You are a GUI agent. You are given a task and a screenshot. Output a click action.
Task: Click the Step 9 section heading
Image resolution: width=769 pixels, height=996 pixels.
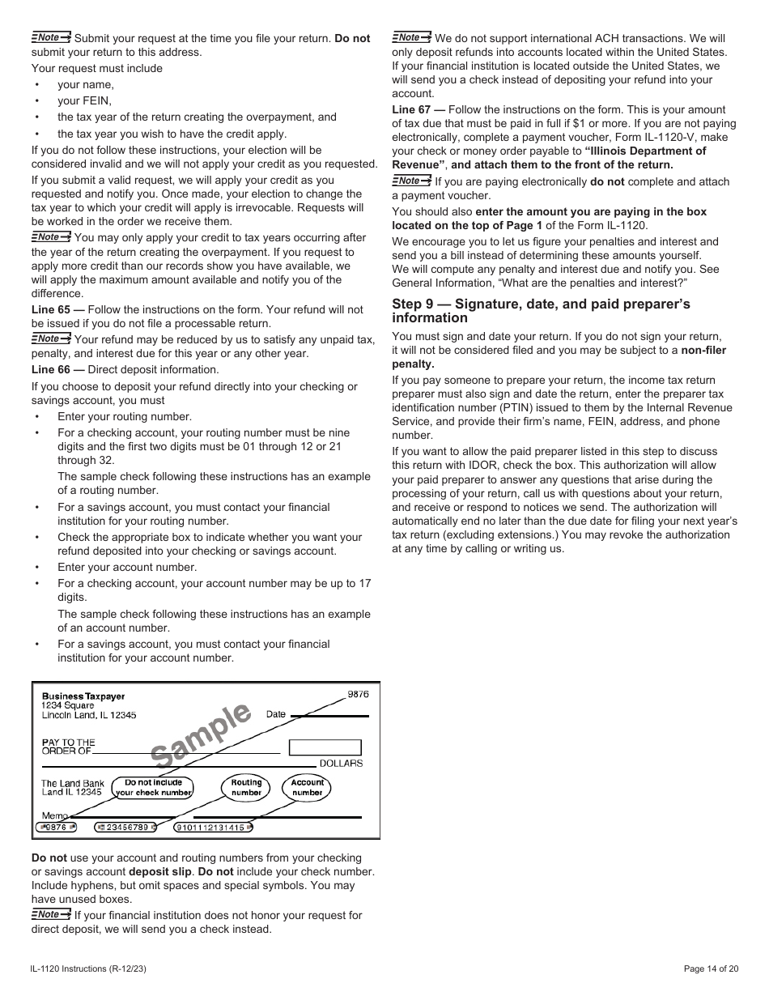541,311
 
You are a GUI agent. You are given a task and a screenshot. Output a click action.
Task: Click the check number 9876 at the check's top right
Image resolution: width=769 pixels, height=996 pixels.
358,695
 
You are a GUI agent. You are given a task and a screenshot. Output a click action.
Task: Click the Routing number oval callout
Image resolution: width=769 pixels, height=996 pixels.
246,787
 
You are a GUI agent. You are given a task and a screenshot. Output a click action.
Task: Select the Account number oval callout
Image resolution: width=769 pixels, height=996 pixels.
307,787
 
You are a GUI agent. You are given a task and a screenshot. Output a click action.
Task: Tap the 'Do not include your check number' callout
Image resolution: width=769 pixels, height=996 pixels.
153,787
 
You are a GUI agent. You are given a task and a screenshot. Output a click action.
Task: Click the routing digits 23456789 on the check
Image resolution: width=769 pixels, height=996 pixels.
122,828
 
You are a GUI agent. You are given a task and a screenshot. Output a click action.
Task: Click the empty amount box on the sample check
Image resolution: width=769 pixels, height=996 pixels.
325,747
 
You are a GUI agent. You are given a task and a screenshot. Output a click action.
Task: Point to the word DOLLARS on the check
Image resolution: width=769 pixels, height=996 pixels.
341,764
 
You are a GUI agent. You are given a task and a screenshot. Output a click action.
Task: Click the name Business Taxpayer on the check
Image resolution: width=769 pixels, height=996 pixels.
83,696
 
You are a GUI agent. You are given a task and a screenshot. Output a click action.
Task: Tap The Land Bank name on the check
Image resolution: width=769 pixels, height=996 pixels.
73,783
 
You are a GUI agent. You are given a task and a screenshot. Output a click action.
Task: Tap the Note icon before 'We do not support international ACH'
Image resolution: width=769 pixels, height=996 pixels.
411,37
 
